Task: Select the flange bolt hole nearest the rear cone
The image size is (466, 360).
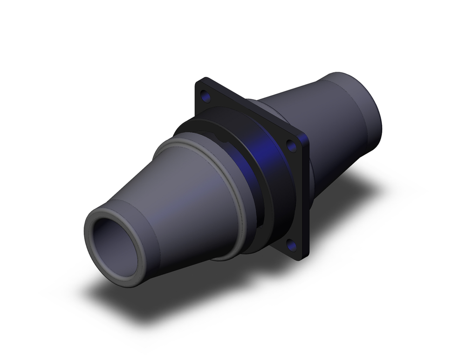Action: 292,146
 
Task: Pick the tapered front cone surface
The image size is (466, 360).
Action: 186,205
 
